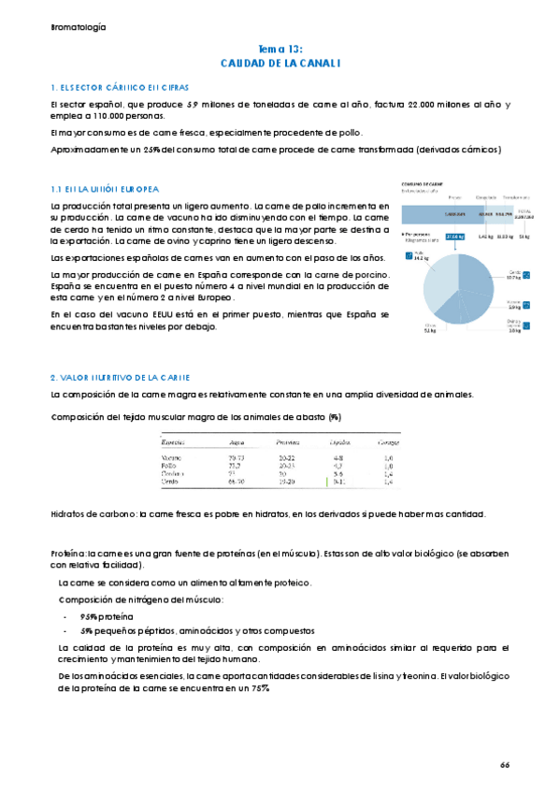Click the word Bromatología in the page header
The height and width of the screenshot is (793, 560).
(x=79, y=27)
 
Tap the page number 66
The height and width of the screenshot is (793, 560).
(x=505, y=764)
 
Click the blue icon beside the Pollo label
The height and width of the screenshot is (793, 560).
(x=409, y=254)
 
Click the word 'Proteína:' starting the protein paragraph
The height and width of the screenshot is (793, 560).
(x=69, y=555)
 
